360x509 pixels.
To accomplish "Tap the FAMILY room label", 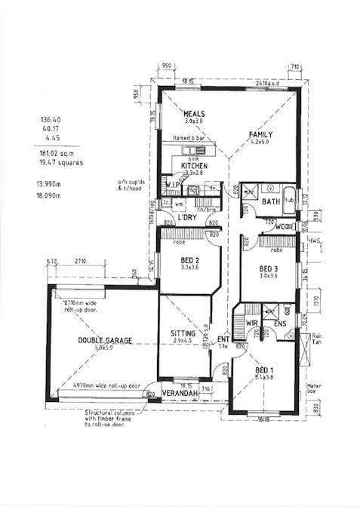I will coord(261,134).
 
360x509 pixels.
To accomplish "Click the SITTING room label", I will coord(183,333).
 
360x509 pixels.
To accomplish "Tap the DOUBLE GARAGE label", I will coord(104,340).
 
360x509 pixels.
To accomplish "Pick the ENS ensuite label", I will coord(280,324).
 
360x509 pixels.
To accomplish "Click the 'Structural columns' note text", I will coord(112,412).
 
